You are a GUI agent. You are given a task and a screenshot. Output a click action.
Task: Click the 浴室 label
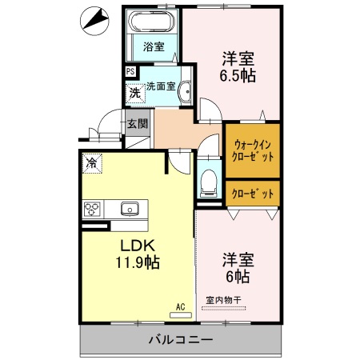[154, 46]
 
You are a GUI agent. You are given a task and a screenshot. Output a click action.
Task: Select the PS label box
[130, 72]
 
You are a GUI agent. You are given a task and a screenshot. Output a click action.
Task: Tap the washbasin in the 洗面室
[185, 90]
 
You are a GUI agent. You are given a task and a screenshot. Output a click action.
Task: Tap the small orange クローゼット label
[253, 193]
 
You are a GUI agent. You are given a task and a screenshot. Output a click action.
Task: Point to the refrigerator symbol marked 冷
[93, 163]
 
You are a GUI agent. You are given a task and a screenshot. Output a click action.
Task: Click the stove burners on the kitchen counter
[92, 210]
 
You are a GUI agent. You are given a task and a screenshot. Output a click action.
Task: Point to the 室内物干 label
[224, 300]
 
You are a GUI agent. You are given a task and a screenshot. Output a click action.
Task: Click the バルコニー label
[180, 340]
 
